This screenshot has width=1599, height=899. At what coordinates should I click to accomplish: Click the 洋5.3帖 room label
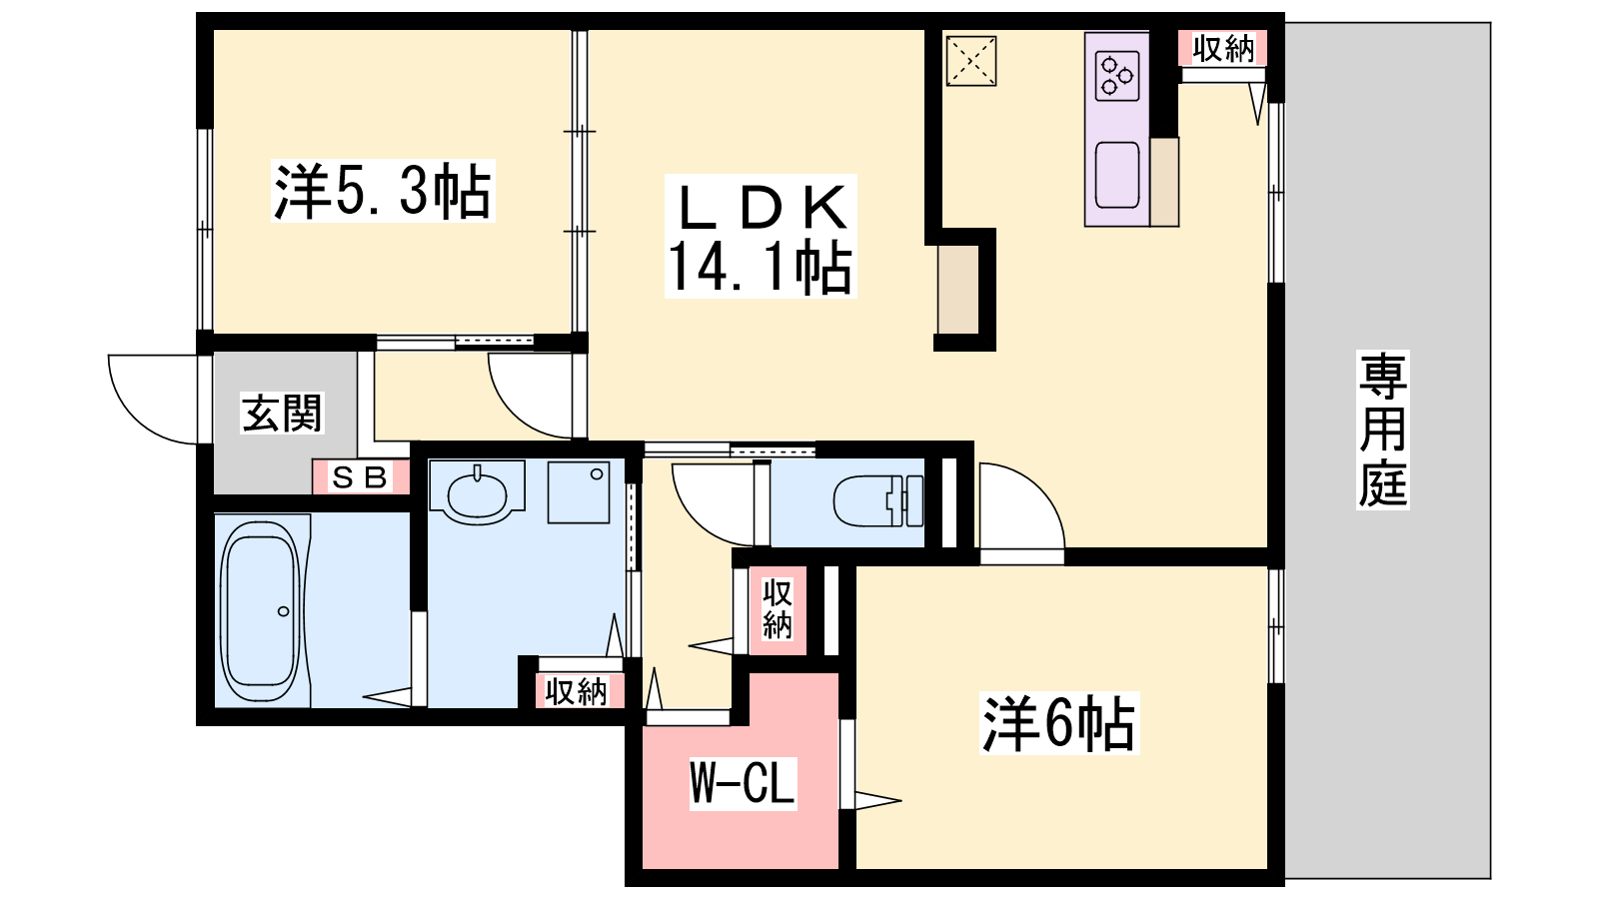pyautogui.click(x=383, y=191)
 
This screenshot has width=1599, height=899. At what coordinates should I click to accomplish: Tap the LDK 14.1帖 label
pyautogui.click(x=761, y=237)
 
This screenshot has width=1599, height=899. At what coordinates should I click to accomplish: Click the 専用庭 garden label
pyautogui.click(x=1383, y=431)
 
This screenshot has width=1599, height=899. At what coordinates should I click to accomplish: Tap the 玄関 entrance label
pyautogui.click(x=282, y=413)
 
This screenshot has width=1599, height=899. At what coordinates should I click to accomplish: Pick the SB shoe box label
pyautogui.click(x=360, y=477)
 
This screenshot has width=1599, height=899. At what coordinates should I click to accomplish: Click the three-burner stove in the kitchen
pyautogui.click(x=1117, y=75)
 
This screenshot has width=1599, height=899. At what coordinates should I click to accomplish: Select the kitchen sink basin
pyautogui.click(x=1117, y=175)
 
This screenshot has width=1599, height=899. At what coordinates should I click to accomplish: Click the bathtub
pyautogui.click(x=260, y=612)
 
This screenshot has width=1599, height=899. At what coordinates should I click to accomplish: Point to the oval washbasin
pyautogui.click(x=477, y=493)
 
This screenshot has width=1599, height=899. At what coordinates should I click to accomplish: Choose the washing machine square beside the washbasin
pyautogui.click(x=579, y=492)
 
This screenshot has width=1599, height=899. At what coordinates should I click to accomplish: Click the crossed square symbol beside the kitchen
pyautogui.click(x=970, y=61)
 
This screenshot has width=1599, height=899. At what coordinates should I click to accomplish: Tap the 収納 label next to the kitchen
pyautogui.click(x=1223, y=49)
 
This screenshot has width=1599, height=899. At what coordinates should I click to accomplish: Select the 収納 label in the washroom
pyautogui.click(x=576, y=691)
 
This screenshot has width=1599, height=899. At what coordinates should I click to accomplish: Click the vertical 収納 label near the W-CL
pyautogui.click(x=777, y=609)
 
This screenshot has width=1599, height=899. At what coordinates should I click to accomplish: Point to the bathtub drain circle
pyautogui.click(x=284, y=611)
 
